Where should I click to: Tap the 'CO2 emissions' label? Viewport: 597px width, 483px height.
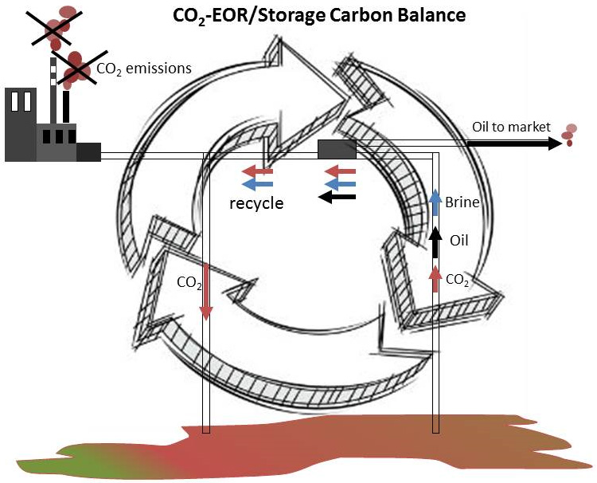coord(143,69)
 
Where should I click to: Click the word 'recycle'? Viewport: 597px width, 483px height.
coord(256,202)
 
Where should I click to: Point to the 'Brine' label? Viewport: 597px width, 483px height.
coord(462,202)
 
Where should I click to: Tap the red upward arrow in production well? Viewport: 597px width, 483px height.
coord(435,278)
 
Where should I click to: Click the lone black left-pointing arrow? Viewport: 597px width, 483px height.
coord(338,198)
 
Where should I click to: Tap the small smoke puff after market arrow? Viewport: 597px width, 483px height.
coord(569,135)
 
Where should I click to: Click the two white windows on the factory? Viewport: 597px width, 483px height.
coord(22,102)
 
